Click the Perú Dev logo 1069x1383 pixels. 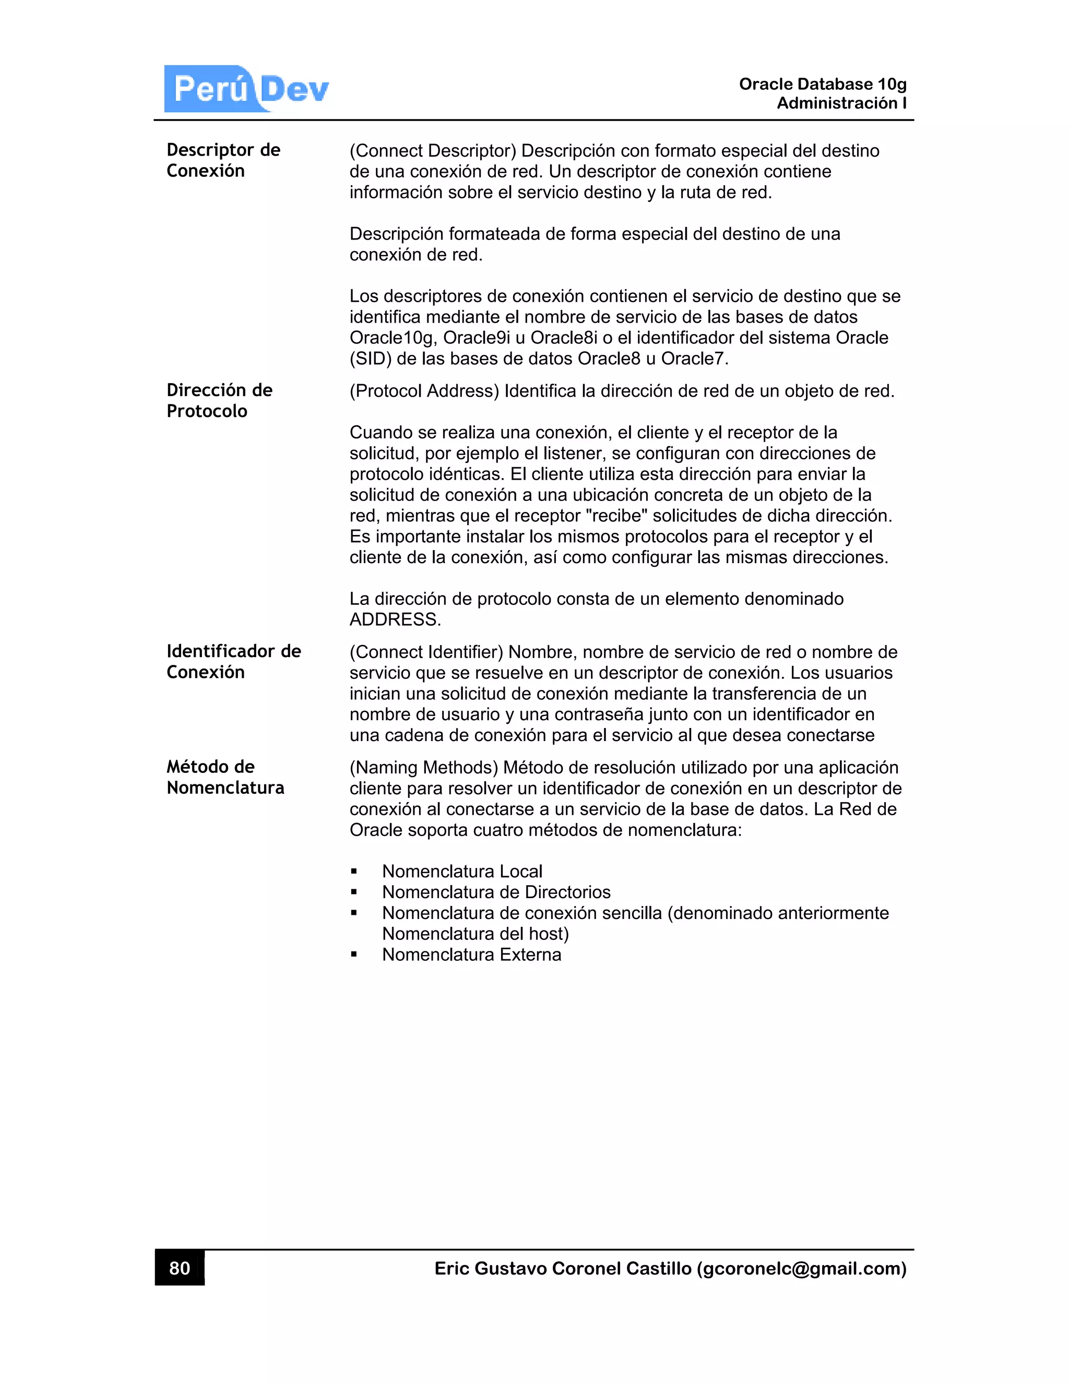point(247,89)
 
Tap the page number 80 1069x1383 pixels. point(180,1268)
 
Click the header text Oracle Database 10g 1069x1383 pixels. point(822,84)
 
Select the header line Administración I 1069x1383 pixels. point(841,103)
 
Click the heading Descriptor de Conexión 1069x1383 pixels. point(223,160)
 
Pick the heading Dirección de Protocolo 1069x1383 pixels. point(219,400)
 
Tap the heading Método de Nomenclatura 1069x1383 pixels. point(225,777)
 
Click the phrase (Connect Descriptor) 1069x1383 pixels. point(433,151)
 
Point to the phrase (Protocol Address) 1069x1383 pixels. point(424,391)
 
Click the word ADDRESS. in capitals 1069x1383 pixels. point(395,619)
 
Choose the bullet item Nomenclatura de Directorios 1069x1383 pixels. point(496,892)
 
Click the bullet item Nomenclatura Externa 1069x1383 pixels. point(471,955)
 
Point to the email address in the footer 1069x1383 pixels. point(801,1268)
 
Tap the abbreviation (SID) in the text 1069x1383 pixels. point(371,359)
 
